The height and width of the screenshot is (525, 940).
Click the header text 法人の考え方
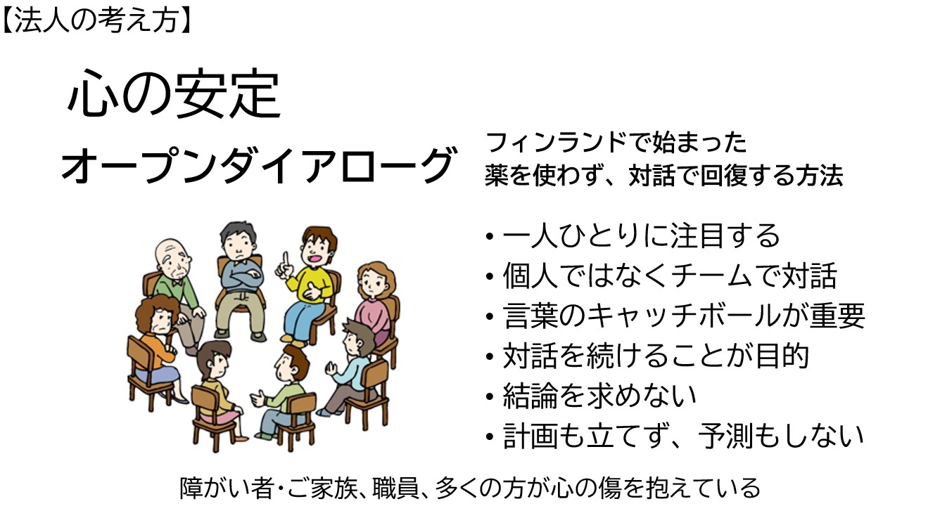(96, 20)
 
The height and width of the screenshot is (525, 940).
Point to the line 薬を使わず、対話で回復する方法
(664, 175)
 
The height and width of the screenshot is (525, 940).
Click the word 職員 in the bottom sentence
(395, 488)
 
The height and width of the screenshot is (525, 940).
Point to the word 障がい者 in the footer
(227, 488)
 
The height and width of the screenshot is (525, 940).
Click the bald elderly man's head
(173, 259)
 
